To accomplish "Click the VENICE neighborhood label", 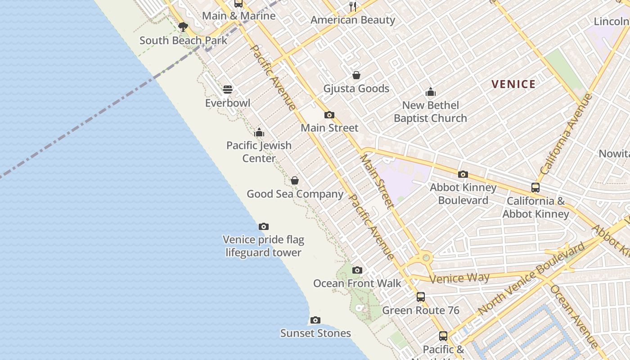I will (513, 84).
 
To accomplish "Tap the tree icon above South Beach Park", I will (183, 27).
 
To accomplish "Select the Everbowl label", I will (228, 103).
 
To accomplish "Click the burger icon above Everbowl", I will (228, 89).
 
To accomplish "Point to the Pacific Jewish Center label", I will (259, 152).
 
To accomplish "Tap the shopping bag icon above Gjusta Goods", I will (356, 75).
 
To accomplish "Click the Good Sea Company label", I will (295, 194).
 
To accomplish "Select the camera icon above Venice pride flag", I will (264, 226).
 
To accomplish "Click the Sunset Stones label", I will (315, 333).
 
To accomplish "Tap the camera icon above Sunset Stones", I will (315, 320).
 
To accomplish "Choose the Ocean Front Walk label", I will (357, 283).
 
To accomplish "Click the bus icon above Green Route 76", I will (421, 297).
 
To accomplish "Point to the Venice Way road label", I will (459, 278).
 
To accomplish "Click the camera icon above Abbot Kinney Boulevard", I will (463, 174).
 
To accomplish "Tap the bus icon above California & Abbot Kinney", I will (535, 187).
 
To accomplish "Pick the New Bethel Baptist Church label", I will (430, 112).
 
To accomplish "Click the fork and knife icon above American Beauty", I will (353, 6).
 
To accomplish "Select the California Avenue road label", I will (567, 135).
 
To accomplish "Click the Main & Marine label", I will (238, 16).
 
